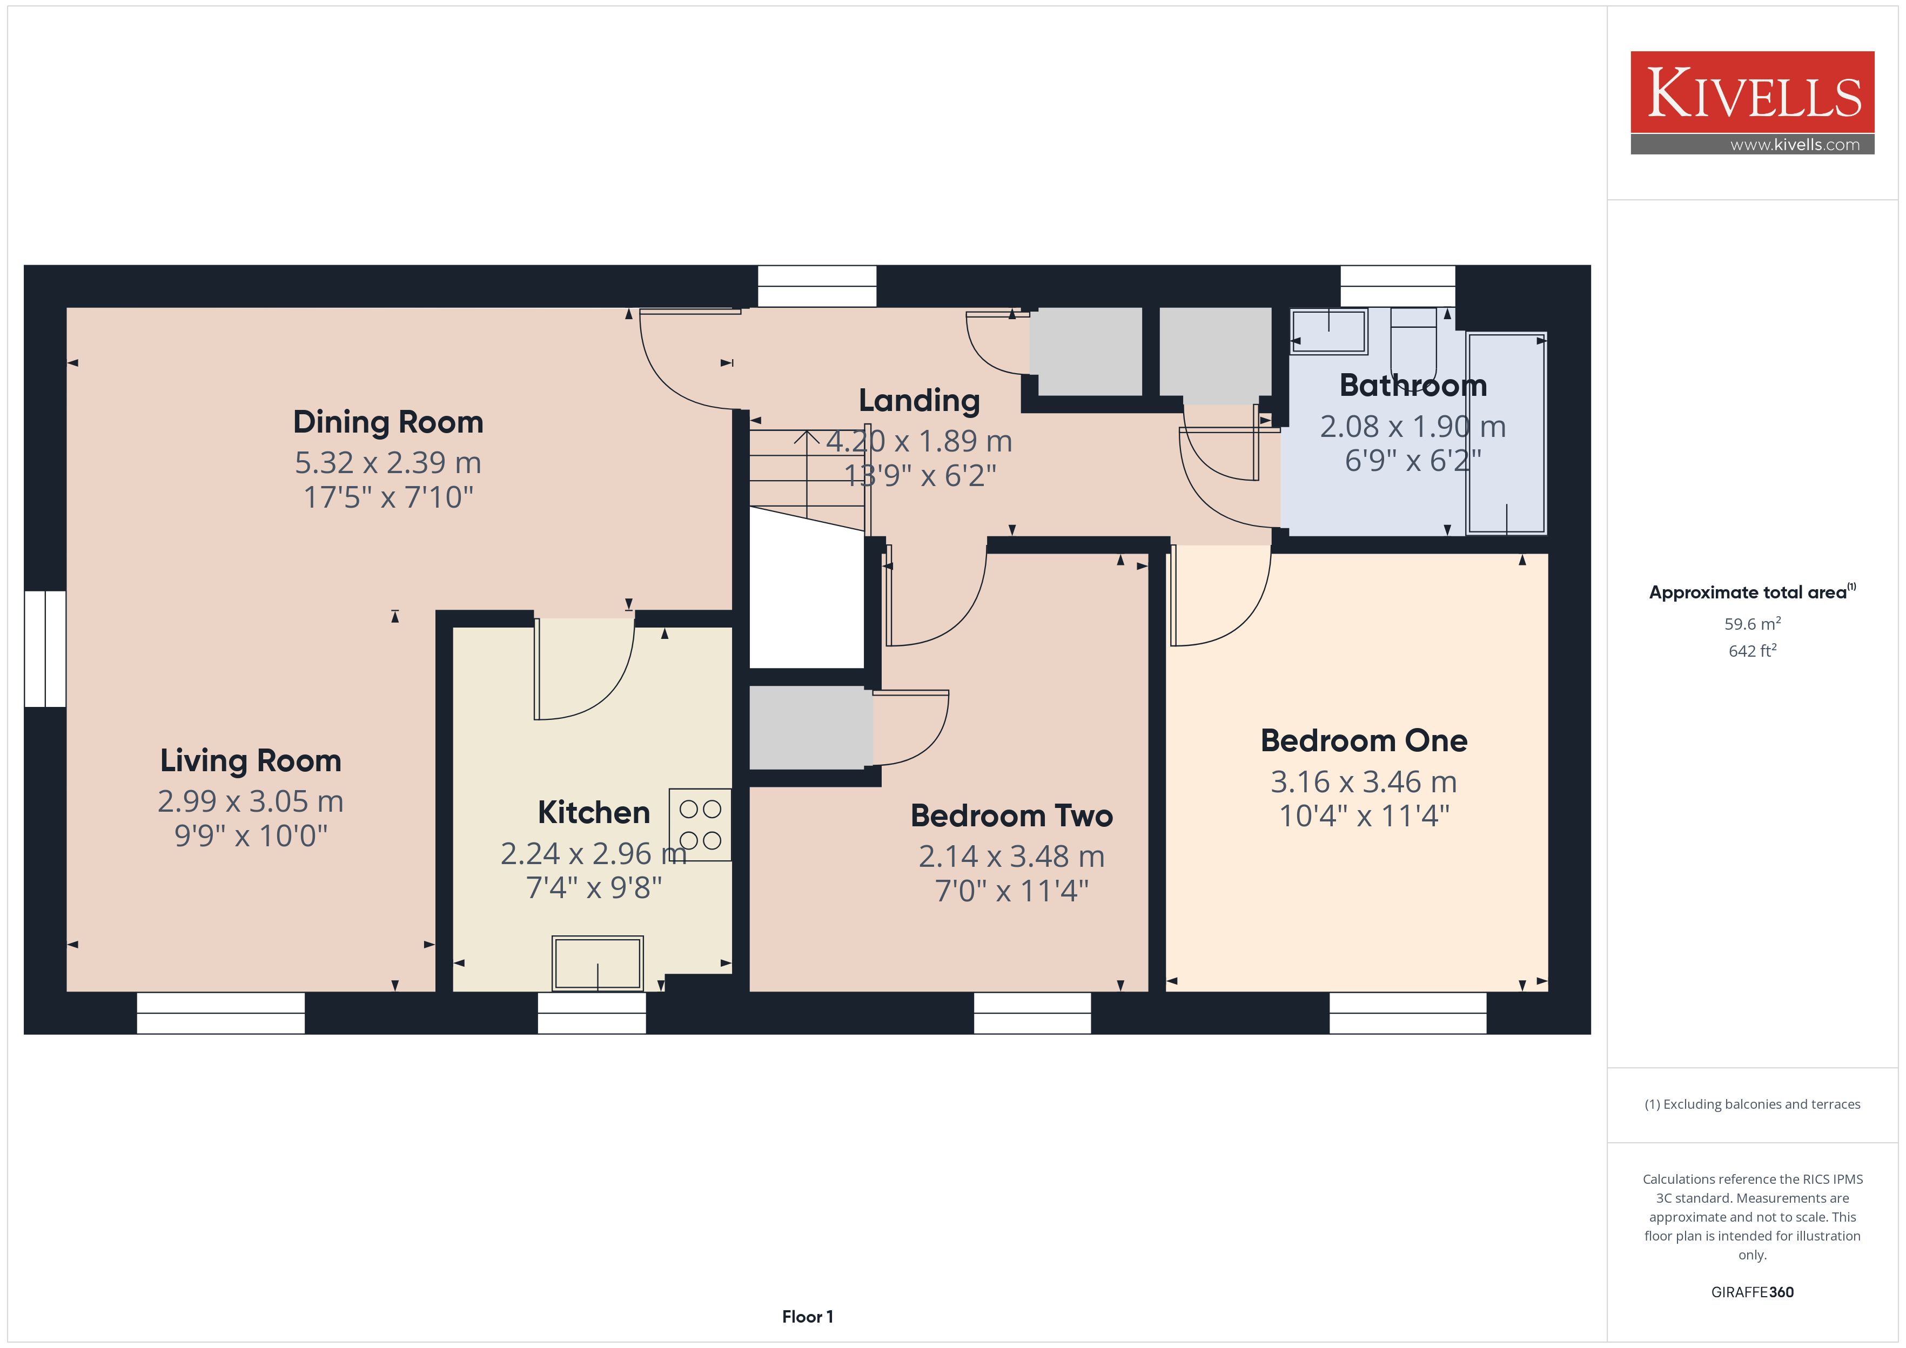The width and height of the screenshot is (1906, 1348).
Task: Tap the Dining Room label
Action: (388, 422)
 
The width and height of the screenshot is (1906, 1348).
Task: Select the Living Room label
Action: (251, 760)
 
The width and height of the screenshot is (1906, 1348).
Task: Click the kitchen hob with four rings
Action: (700, 824)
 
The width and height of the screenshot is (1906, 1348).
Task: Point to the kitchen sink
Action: (598, 963)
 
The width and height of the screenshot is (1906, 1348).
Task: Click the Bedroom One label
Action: (1364, 740)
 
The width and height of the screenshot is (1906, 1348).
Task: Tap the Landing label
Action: (919, 401)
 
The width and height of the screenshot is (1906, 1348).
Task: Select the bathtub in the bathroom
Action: (1506, 433)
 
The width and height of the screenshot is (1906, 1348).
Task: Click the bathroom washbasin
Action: (1328, 331)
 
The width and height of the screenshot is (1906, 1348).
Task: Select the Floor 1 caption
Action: (807, 1317)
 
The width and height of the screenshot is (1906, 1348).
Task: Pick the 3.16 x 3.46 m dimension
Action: (1364, 782)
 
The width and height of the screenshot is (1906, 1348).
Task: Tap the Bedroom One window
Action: (1408, 1013)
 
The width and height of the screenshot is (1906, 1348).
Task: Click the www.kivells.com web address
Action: (1795, 144)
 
